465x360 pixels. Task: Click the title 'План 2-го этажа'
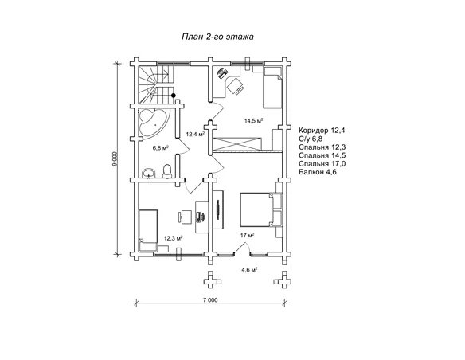pyautogui.click(x=217, y=37)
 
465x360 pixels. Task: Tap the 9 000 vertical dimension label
pyautogui.click(x=115, y=159)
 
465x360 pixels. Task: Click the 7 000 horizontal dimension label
pyautogui.click(x=210, y=300)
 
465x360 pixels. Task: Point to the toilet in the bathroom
pyautogui.click(x=167, y=171)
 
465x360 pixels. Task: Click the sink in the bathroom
pyautogui.click(x=149, y=173)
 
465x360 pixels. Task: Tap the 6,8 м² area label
pyautogui.click(x=160, y=147)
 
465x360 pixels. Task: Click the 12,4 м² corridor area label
pyautogui.click(x=195, y=135)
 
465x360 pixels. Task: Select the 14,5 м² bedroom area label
pyautogui.click(x=254, y=121)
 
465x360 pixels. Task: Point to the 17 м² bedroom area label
pyautogui.click(x=248, y=236)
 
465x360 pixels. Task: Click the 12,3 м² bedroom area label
pyautogui.click(x=173, y=238)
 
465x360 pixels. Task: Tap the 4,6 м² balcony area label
pyautogui.click(x=249, y=269)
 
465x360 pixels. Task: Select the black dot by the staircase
pyautogui.click(x=174, y=96)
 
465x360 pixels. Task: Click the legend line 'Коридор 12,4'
pyautogui.click(x=322, y=131)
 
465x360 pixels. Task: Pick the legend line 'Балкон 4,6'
pyautogui.click(x=318, y=172)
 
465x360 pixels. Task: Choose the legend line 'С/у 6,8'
pyautogui.click(x=311, y=139)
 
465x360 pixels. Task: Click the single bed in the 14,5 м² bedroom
pyautogui.click(x=273, y=87)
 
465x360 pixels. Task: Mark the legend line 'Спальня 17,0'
pyautogui.click(x=322, y=164)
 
